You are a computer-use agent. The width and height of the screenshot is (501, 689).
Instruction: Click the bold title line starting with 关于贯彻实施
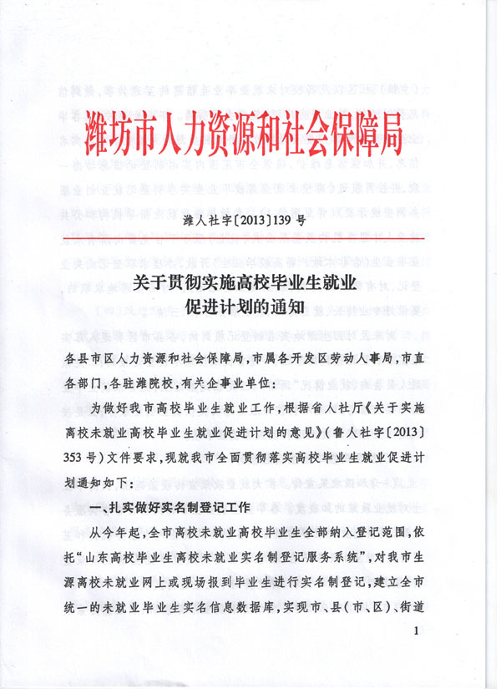(245, 284)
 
